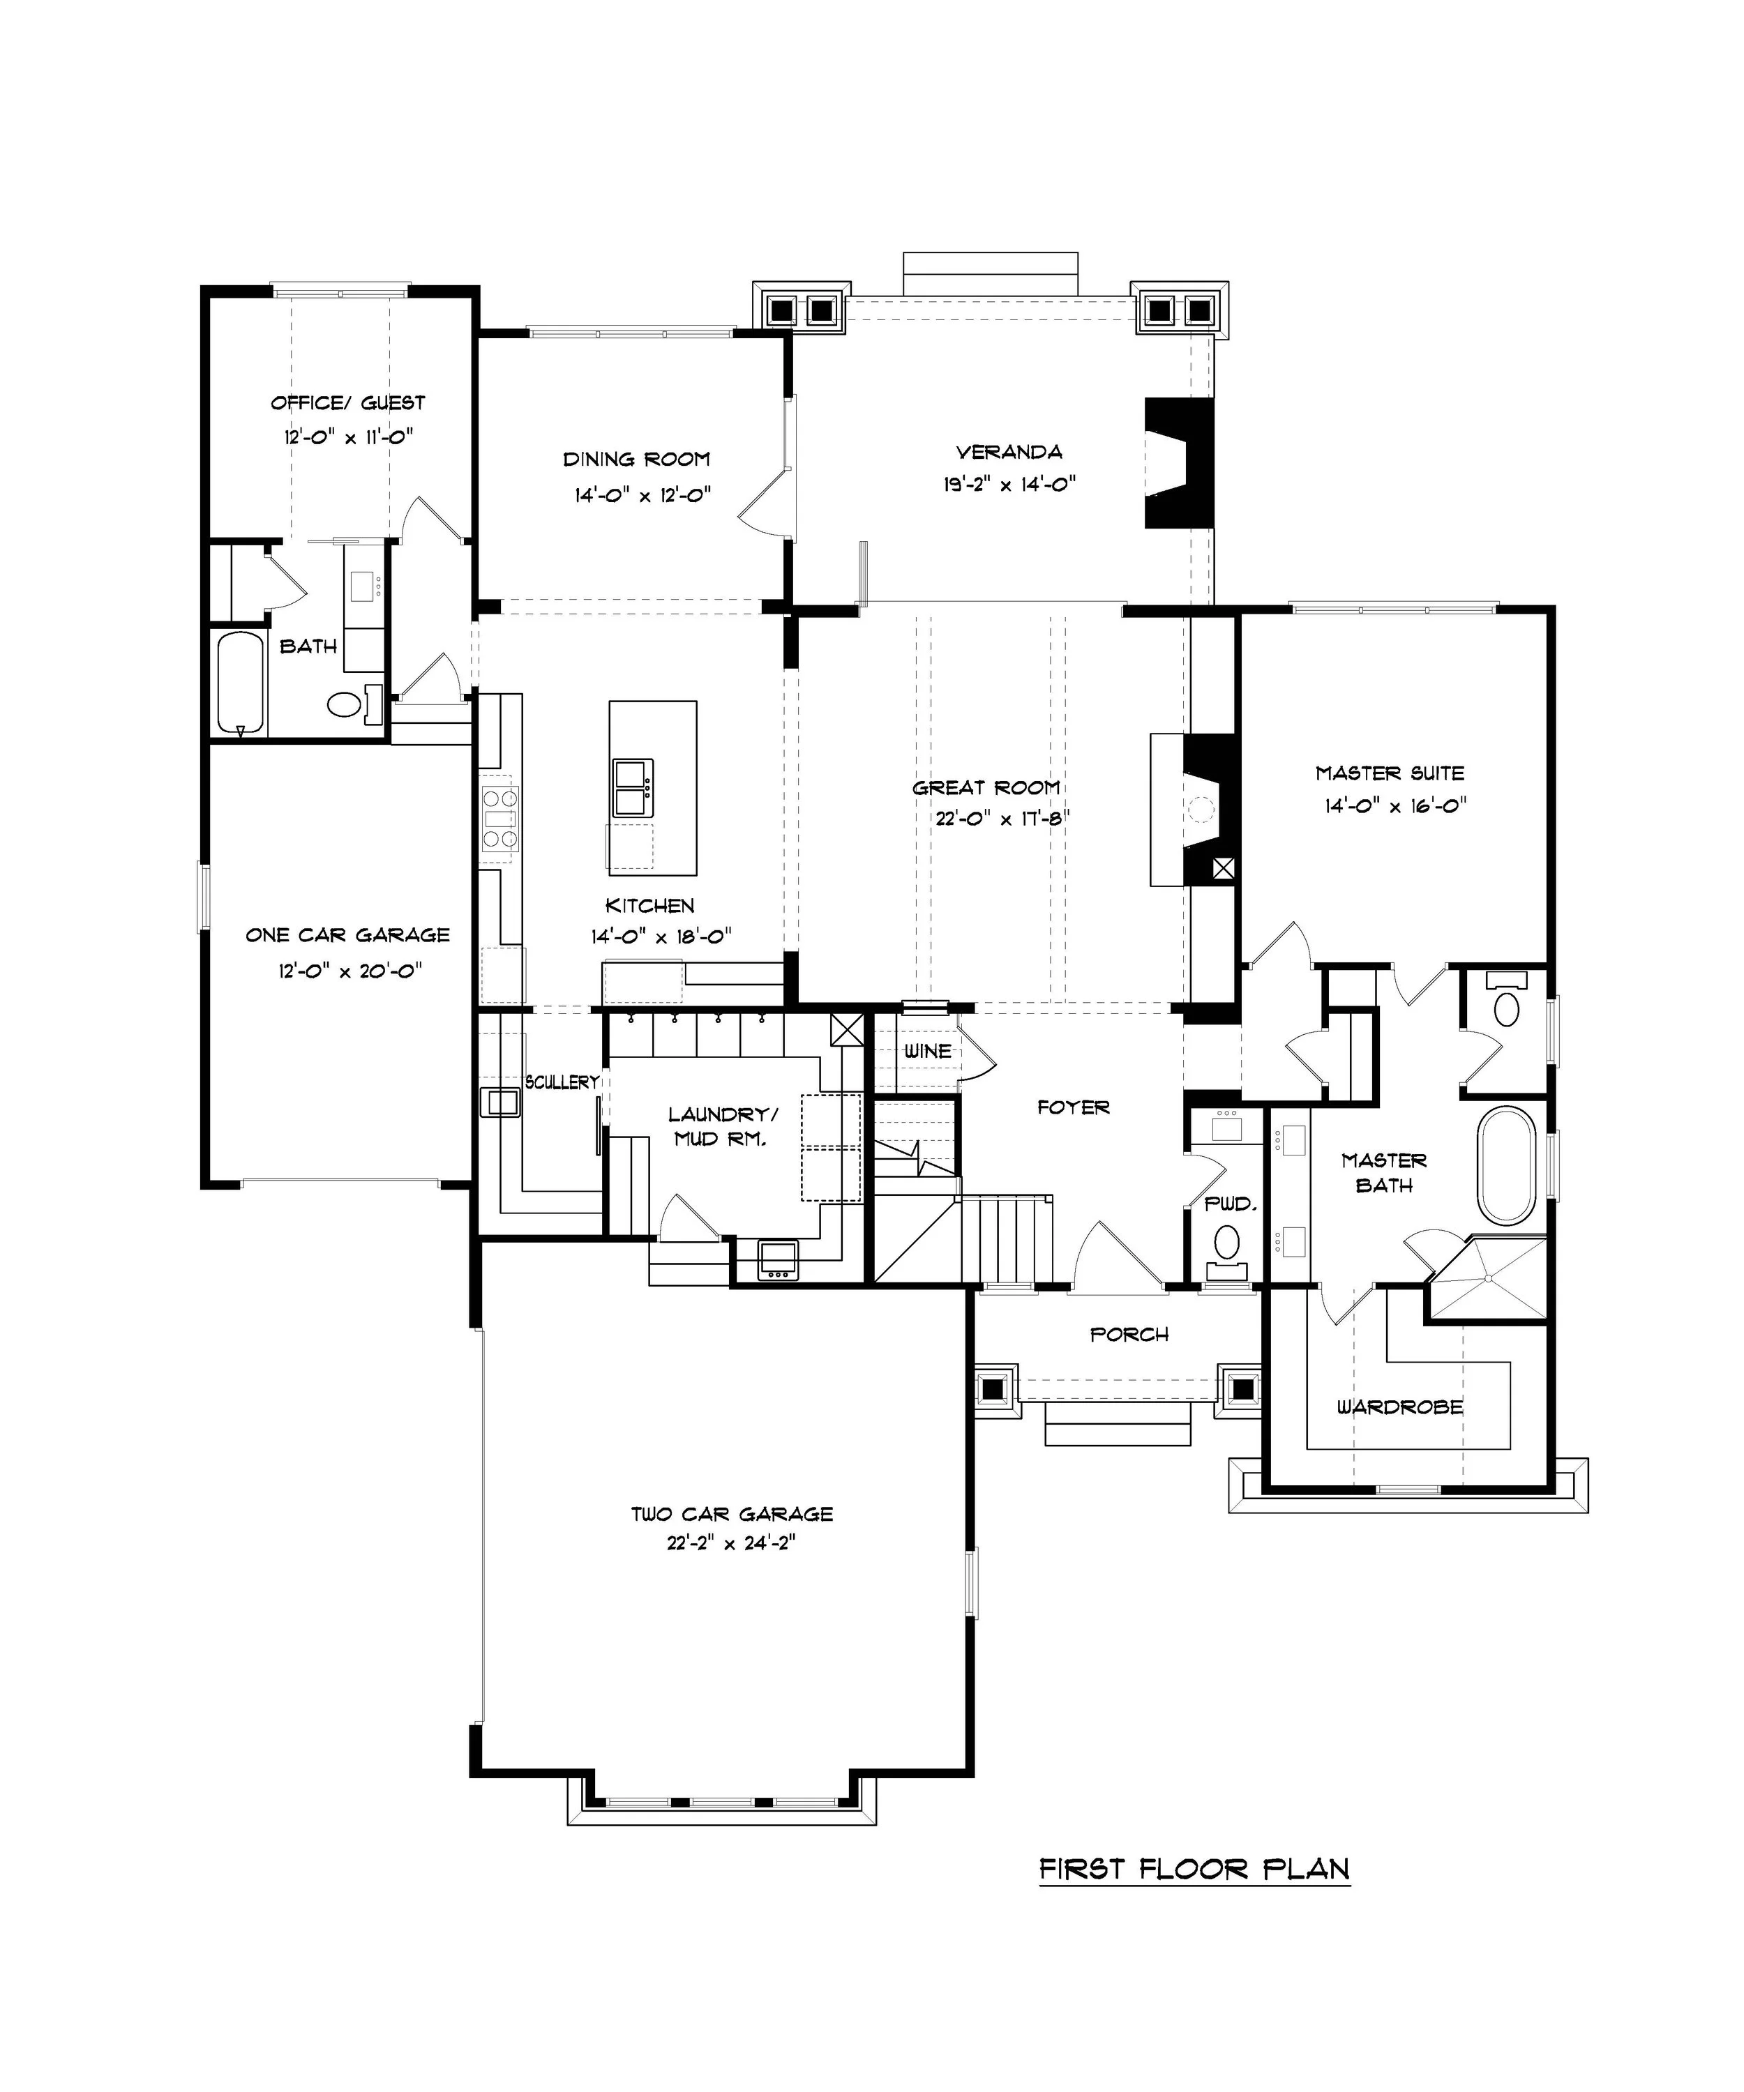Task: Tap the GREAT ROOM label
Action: pyautogui.click(x=986, y=788)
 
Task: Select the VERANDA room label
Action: pyautogui.click(x=1009, y=453)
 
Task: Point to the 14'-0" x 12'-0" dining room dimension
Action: pyautogui.click(x=642, y=495)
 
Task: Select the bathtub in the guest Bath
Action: pyautogui.click(x=241, y=683)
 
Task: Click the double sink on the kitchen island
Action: pyautogui.click(x=633, y=787)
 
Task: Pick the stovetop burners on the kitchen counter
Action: pyautogui.click(x=500, y=819)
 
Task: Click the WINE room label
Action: pyautogui.click(x=927, y=1051)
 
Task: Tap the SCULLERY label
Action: pyautogui.click(x=562, y=1082)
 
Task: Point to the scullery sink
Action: pyautogui.click(x=499, y=1102)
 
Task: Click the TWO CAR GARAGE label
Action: pyautogui.click(x=732, y=1514)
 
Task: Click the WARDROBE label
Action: pyautogui.click(x=1400, y=1408)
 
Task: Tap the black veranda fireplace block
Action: pyautogui.click(x=1179, y=463)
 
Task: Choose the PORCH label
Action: pyautogui.click(x=1129, y=1334)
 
